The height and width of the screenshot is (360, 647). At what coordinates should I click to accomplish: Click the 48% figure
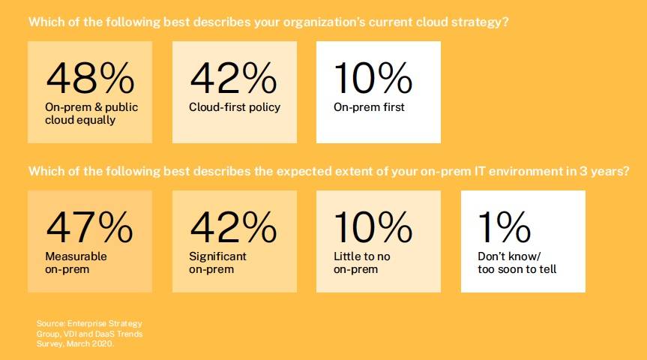pos(91,78)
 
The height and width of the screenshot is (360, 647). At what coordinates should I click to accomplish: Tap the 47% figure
pos(89,227)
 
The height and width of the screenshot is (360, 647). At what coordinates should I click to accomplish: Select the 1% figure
pos(505,227)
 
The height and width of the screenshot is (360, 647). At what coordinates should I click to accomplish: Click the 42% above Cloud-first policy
pos(234,78)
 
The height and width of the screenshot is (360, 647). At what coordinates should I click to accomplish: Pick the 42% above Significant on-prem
pos(234,227)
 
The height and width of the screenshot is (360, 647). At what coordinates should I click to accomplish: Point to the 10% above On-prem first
pos(373,78)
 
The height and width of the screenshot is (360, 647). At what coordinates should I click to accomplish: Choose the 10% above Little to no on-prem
pos(373,227)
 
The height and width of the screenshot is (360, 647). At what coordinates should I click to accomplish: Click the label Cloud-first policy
pos(235,107)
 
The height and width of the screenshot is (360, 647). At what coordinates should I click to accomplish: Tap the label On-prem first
pos(370,107)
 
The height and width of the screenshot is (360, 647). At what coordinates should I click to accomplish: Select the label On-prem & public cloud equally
pos(91,113)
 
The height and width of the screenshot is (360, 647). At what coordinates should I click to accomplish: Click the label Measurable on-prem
pos(76,262)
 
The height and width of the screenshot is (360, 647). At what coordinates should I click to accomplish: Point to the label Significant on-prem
pos(218,262)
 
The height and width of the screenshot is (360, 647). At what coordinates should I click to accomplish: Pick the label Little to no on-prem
pos(362,262)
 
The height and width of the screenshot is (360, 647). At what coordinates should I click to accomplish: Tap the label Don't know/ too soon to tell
pos(517,262)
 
